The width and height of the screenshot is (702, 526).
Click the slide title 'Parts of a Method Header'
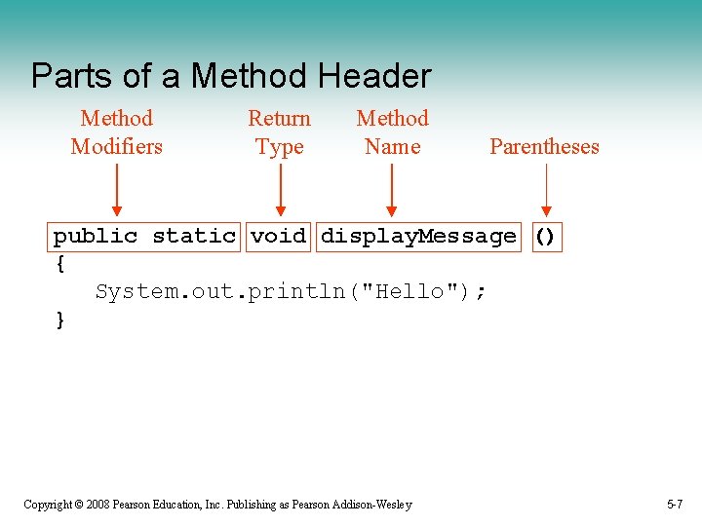230,76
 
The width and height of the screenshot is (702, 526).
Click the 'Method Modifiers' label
116,132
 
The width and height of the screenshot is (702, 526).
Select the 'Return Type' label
279,132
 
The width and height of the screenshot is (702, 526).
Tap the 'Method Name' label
392,132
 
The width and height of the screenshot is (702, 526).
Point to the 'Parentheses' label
544,147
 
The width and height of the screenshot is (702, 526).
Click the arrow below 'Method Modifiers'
116,190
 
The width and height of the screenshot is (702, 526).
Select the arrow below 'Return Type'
280,190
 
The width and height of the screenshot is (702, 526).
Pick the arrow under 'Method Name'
392,190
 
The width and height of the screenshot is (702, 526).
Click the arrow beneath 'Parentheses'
546,190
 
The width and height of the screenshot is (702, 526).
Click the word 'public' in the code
96,237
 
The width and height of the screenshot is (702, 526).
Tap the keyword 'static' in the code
194,237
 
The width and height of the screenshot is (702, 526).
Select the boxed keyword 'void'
278,237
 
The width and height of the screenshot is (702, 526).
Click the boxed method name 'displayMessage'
418,237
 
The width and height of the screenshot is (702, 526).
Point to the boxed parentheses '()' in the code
546,237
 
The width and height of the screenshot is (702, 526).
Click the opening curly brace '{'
60,263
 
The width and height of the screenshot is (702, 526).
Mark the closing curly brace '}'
60,319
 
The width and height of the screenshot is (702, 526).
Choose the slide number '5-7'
675,505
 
